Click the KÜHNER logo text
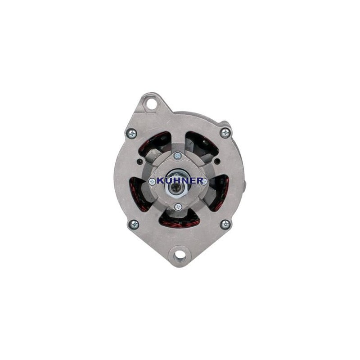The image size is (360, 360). [180, 181]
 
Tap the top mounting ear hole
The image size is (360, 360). [152, 104]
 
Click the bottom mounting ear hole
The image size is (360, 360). [180, 255]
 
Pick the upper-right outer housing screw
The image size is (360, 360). [225, 132]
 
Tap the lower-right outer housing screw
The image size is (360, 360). [225, 224]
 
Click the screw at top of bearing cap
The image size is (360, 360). [178, 156]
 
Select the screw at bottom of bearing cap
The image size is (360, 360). [178, 207]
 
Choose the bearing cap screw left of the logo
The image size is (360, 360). [152, 182]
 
